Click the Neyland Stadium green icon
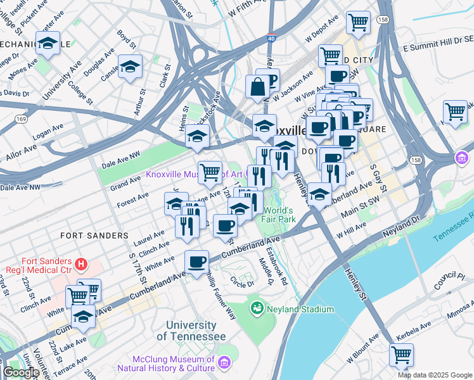coord(257,309)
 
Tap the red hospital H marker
coord(80,263)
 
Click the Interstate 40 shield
coord(271,38)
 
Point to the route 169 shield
coord(22,118)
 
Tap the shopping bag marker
coord(258,88)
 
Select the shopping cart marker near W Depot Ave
coord(358,22)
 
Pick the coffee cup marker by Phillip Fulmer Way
coord(197,261)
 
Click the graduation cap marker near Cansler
coord(130,66)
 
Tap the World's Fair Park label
coord(279,215)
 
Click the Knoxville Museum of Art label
coord(195,174)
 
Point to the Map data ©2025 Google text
coord(435,375)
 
